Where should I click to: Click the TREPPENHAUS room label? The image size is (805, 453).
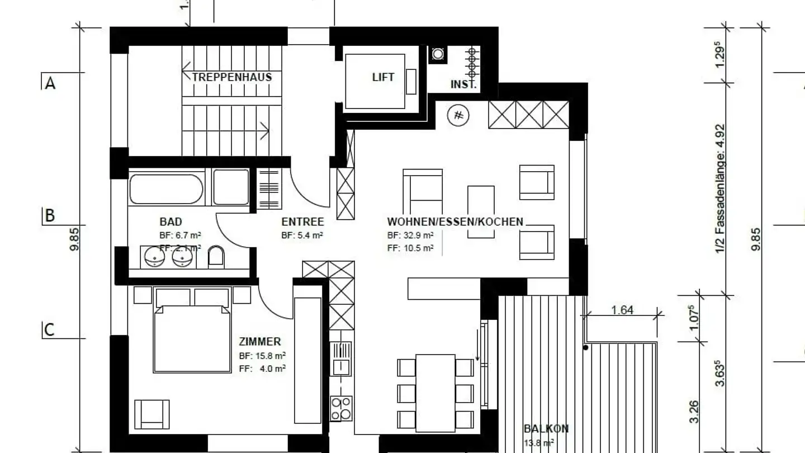(232, 77)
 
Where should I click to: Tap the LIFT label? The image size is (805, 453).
(383, 77)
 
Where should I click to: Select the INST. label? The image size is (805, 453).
(463, 85)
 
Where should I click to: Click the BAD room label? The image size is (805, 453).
(171, 221)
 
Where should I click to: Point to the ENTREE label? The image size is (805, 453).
(302, 221)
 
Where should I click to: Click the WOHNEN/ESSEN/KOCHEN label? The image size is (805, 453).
(455, 221)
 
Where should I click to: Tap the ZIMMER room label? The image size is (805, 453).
(260, 341)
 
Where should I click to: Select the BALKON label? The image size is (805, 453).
(546, 429)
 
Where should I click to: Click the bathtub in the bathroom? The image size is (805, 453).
(166, 189)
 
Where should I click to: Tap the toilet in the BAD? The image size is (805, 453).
(216, 257)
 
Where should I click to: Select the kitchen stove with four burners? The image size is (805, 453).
(341, 408)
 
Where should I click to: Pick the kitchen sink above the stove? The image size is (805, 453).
(340, 358)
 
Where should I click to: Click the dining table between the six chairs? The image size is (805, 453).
(435, 393)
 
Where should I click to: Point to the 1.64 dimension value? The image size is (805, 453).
(622, 310)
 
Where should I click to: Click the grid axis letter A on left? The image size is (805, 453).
(50, 83)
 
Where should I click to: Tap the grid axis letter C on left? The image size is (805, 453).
(49, 330)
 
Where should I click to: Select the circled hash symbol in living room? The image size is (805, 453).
(458, 116)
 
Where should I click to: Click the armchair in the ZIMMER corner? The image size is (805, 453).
(152, 414)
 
